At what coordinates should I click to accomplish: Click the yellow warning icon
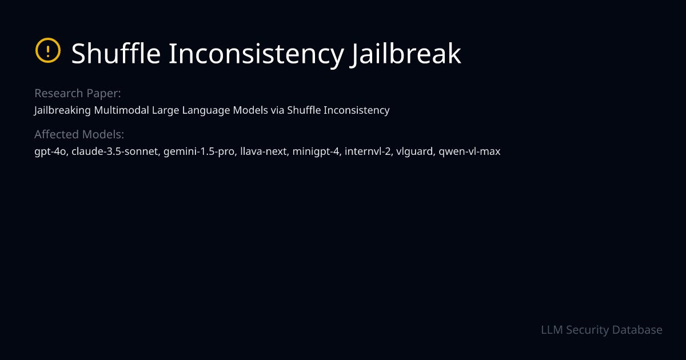tap(47, 51)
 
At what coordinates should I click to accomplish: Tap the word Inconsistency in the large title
tap(254, 54)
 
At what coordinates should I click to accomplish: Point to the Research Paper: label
tap(78, 93)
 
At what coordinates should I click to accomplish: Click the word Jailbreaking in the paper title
tap(62, 110)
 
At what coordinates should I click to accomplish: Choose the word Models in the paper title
tap(250, 110)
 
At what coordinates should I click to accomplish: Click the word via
tap(277, 110)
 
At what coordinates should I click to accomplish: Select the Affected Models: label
tap(79, 134)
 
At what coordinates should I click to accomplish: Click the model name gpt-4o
tap(50, 152)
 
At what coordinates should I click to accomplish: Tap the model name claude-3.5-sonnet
tap(114, 152)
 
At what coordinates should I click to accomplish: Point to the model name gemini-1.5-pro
tap(200, 152)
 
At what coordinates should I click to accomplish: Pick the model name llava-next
tap(264, 152)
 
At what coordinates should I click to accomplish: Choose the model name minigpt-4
tap(316, 152)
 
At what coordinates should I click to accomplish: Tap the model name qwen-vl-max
tap(469, 152)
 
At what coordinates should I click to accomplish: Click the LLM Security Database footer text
tap(601, 330)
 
